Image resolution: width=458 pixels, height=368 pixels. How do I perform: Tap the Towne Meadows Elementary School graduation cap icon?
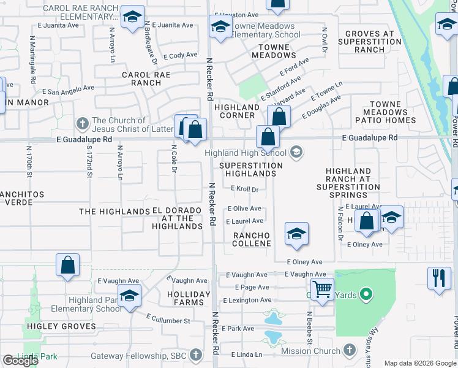pyautogui.click(x=220, y=26)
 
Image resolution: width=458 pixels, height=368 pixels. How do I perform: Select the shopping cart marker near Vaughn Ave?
pyautogui.click(x=322, y=288)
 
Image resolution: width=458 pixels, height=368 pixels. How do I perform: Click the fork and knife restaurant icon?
pyautogui.click(x=439, y=277)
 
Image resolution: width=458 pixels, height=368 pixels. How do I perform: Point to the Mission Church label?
pyautogui.click(x=310, y=351)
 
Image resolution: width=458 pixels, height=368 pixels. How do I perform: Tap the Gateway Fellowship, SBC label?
pyautogui.click(x=139, y=356)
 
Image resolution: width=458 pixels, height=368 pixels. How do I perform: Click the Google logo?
pyautogui.click(x=20, y=360)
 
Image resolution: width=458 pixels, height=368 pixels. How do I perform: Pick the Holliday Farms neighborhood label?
pyautogui.click(x=189, y=298)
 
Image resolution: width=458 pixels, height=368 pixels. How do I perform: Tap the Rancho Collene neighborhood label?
pyautogui.click(x=252, y=240)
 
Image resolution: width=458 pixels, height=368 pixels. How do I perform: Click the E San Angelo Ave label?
pyautogui.click(x=71, y=90)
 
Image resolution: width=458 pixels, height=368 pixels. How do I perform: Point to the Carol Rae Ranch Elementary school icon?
pyautogui.click(x=132, y=18)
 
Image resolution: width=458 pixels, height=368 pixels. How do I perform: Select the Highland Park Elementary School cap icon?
pyautogui.click(x=129, y=296)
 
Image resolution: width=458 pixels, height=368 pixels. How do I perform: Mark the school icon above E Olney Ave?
pyautogui.click(x=296, y=234)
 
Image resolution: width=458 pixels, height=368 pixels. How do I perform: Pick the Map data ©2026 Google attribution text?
pyautogui.click(x=419, y=363)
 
